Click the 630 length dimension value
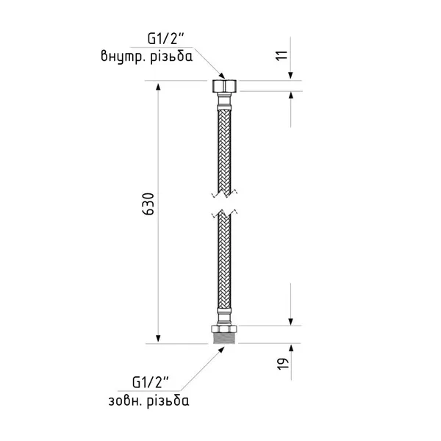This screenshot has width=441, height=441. pyautogui.click(x=148, y=204)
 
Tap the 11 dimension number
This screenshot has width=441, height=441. pyautogui.click(x=282, y=55)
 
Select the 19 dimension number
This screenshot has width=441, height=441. pyautogui.click(x=283, y=364)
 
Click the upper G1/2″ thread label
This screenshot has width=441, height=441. pyautogui.click(x=166, y=38)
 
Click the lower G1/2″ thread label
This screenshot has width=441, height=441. pyautogui.click(x=151, y=382)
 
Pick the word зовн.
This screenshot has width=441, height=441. pyautogui.click(x=125, y=401)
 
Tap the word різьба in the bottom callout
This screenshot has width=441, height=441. pyautogui.click(x=168, y=401)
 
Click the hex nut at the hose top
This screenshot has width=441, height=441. pyautogui.click(x=224, y=86)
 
